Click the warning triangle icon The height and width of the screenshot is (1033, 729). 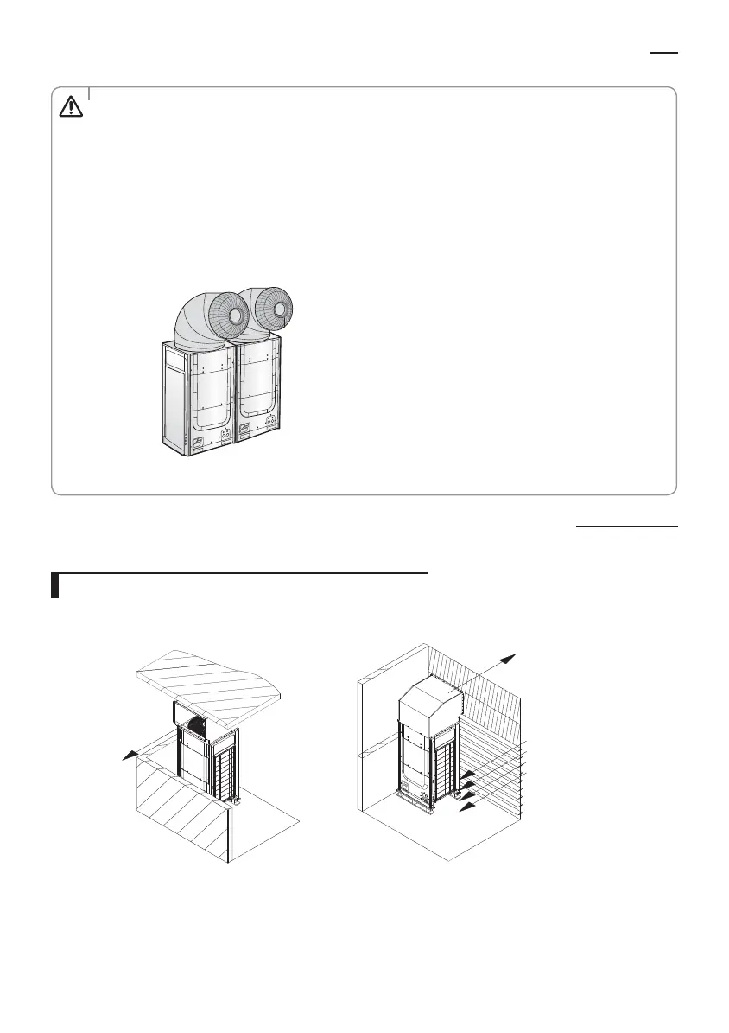click(x=69, y=105)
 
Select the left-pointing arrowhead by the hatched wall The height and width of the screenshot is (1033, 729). click(x=128, y=756)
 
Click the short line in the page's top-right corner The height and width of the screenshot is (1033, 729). click(x=664, y=52)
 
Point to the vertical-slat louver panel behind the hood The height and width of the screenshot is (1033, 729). click(x=488, y=692)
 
